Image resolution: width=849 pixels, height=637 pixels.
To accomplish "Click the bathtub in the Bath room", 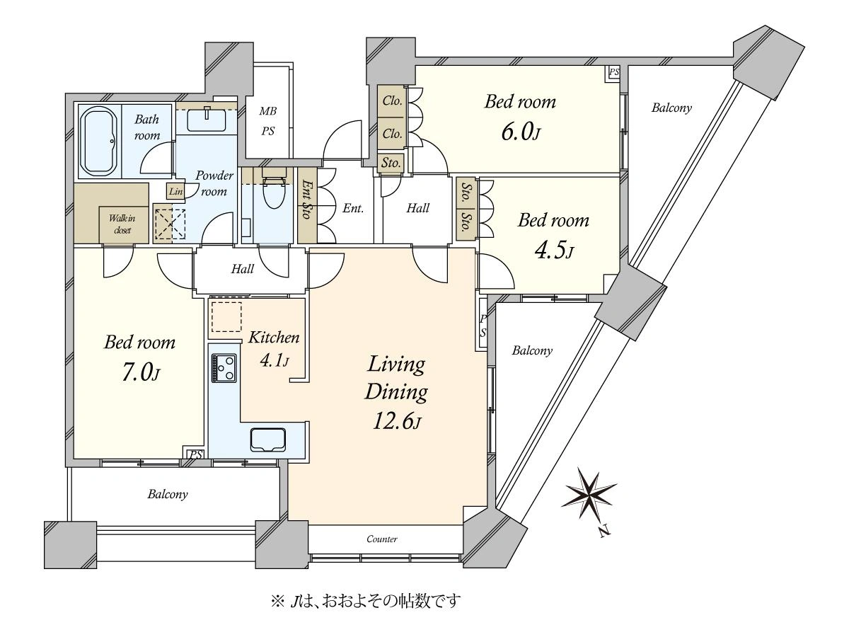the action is pos(100,141).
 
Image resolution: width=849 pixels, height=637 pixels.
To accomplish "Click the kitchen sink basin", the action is pos(269,440).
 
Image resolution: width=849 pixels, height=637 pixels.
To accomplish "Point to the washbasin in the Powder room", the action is pos(207,119).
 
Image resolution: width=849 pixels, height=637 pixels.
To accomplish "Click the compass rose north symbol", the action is pos(589,497).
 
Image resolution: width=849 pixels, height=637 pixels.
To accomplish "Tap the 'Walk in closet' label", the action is pos(122,224).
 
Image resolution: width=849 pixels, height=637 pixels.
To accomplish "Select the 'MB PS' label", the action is pos(268,121).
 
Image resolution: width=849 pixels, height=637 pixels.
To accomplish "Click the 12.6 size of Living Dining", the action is pos(396,422).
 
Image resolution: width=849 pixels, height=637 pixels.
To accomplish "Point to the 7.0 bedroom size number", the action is pos(141,373).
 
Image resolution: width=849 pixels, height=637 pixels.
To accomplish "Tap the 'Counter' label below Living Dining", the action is pos(382,539).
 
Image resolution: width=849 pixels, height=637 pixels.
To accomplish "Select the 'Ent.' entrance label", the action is pos(353,209).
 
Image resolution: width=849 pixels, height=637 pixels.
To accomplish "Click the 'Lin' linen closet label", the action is pos(176,191).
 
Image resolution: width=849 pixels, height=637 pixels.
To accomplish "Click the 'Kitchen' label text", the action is pos(274,338).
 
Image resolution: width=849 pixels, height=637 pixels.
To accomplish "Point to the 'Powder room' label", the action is pos(214,183).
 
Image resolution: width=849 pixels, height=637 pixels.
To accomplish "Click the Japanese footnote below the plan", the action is pos(366,600).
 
